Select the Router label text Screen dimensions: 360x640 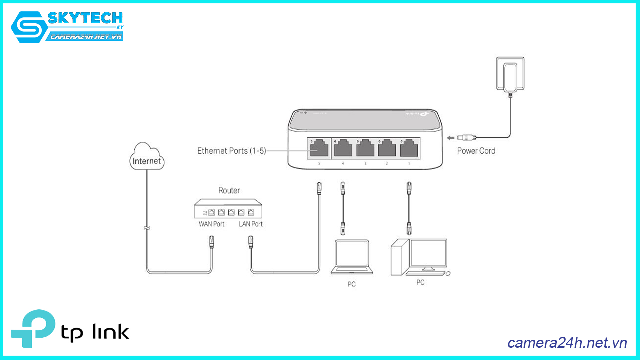(x=229, y=190)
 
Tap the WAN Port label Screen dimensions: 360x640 (x=212, y=224)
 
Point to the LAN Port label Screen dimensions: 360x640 (x=250, y=224)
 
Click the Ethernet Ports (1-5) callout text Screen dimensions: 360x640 (x=231, y=150)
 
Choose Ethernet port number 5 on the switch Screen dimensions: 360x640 (x=318, y=148)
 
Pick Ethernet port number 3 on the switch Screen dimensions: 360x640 (x=365, y=148)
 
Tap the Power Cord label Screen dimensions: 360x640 (x=476, y=150)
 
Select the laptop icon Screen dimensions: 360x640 (x=352, y=257)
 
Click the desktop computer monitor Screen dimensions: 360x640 (x=428, y=254)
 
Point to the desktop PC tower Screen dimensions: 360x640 (x=399, y=258)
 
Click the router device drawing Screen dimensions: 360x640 (x=229, y=208)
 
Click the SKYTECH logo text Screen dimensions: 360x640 (x=85, y=19)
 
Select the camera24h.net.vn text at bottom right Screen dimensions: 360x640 (x=567, y=343)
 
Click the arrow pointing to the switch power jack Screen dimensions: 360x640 (x=451, y=138)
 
